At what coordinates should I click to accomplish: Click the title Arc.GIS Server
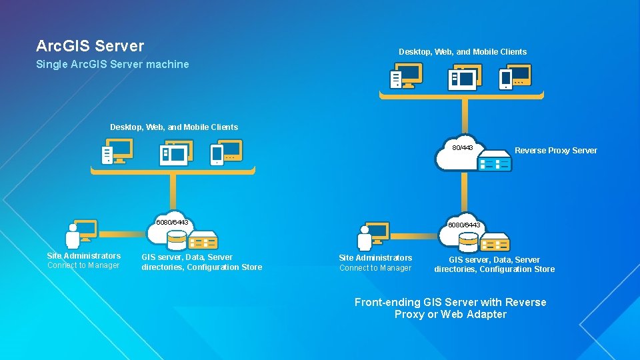[x=90, y=46]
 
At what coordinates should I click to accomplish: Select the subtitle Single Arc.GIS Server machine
[x=112, y=65]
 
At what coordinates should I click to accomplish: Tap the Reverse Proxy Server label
[x=555, y=151]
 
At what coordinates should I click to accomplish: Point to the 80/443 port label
[x=463, y=147]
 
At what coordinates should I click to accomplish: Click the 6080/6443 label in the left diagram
[x=172, y=222]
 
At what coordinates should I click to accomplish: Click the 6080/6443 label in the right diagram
[x=464, y=225]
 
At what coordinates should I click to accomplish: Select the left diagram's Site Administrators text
[x=84, y=256]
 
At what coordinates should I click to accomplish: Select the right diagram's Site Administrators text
[x=375, y=258]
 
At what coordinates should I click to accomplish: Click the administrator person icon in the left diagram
[x=73, y=237]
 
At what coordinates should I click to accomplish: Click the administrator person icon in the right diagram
[x=365, y=239]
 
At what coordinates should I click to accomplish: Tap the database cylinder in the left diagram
[x=177, y=239]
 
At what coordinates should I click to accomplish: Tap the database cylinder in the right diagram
[x=469, y=241]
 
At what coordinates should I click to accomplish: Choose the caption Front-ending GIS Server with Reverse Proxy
[x=450, y=308]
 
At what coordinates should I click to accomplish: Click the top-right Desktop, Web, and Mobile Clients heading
[x=463, y=52]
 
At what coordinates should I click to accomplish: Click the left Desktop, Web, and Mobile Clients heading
[x=174, y=127]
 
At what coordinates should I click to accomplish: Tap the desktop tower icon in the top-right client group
[x=396, y=79]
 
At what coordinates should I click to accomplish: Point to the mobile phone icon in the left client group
[x=217, y=155]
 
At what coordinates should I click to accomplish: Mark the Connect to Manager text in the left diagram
[x=83, y=265]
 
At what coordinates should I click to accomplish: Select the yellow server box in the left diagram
[x=203, y=239]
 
